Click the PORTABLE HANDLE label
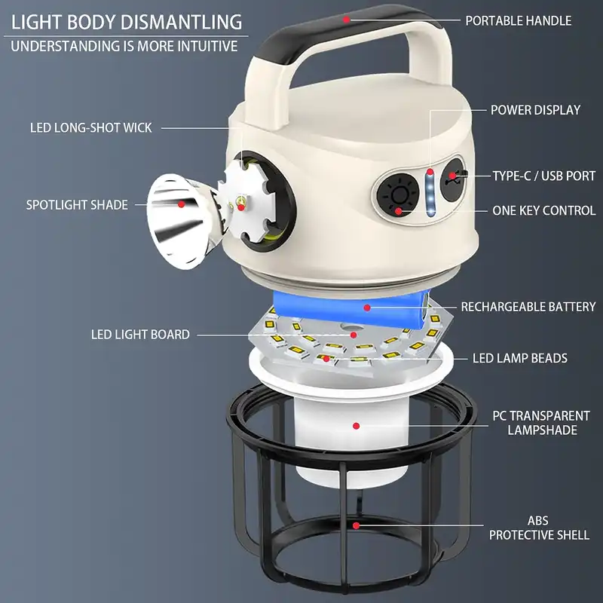pyautogui.click(x=518, y=21)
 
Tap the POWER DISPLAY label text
pyautogui.click(x=535, y=110)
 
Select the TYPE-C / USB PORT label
pyautogui.click(x=543, y=176)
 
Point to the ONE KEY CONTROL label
pyautogui.click(x=543, y=210)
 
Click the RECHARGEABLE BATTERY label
pyautogui.click(x=528, y=307)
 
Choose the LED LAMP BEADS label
pyautogui.click(x=519, y=358)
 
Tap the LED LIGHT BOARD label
pyautogui.click(x=140, y=334)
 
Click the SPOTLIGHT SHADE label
pyautogui.click(x=77, y=204)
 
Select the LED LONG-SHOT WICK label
pyautogui.click(x=90, y=127)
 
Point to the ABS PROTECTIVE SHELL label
pyautogui.click(x=539, y=528)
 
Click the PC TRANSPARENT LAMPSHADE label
pyautogui.click(x=541, y=423)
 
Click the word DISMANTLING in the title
pyautogui.click(x=182, y=22)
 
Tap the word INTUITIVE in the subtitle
pyautogui.click(x=207, y=46)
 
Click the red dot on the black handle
pyautogui.click(x=347, y=20)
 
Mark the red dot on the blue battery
pyautogui.click(x=367, y=308)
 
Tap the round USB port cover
pyautogui.click(x=454, y=179)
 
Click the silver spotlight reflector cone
pyautogui.click(x=181, y=222)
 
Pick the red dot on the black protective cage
pyautogui.click(x=356, y=525)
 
